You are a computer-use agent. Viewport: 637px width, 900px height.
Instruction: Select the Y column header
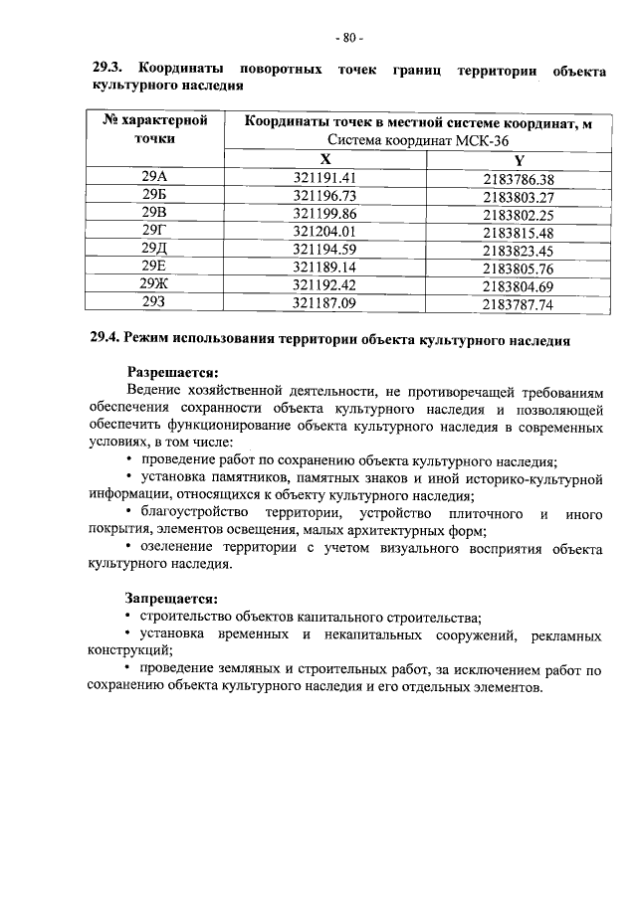point(518,161)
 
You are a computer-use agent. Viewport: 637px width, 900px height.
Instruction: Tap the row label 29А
point(154,178)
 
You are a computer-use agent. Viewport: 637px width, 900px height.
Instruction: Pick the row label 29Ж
point(154,285)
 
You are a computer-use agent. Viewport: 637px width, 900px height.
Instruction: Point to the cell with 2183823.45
point(518,251)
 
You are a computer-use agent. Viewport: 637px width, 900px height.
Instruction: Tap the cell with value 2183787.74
point(518,304)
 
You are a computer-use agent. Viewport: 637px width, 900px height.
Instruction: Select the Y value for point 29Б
point(518,197)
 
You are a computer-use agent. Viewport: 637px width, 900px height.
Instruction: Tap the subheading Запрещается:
point(170,599)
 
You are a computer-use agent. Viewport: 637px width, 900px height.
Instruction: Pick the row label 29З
point(154,303)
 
